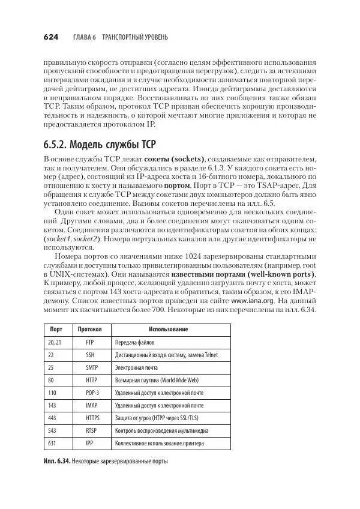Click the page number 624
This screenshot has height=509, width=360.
click(50, 37)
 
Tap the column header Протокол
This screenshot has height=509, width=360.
click(89, 330)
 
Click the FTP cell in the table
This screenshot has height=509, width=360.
click(89, 342)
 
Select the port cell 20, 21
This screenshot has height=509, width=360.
click(54, 342)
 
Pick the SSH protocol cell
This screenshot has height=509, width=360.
click(89, 355)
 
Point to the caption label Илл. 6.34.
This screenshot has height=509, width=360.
click(58, 461)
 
